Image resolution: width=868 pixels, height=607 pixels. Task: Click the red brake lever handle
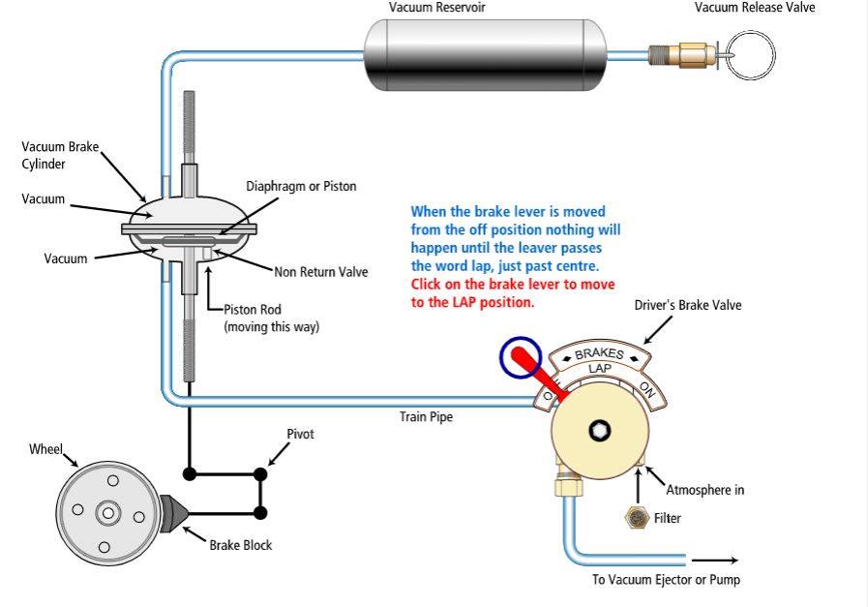coord(536,374)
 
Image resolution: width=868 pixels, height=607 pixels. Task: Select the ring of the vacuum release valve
coord(750,55)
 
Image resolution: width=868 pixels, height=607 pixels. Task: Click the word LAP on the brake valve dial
coord(600,368)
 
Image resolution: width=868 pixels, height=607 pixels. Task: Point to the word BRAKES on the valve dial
coord(600,352)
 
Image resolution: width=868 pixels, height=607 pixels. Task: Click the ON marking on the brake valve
coord(647,390)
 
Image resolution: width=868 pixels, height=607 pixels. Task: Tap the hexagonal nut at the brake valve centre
coord(599,430)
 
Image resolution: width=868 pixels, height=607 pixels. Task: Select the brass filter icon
coord(637,518)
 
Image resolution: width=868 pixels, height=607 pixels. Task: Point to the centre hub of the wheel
coord(108,513)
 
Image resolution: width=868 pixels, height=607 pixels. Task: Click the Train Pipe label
coord(426,416)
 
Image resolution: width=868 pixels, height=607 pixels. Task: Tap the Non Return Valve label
coord(321,272)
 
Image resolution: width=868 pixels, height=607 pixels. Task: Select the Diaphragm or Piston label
coord(301,186)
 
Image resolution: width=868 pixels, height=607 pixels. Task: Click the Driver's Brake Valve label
coord(688,305)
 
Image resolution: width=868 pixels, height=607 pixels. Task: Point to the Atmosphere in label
coord(704,490)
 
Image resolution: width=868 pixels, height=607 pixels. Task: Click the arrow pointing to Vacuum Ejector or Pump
coord(715,561)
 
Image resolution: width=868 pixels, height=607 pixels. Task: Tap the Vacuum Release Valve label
coord(755,8)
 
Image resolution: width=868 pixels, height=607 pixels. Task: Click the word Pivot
coord(300,435)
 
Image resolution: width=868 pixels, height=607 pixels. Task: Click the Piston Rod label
coord(253,309)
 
